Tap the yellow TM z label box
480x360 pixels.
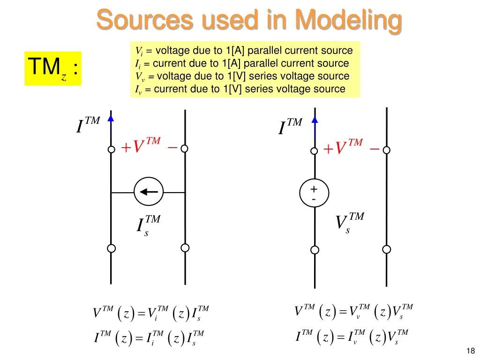(x=53, y=68)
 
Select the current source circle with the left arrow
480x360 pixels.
(x=149, y=192)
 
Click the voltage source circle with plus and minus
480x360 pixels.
(x=314, y=193)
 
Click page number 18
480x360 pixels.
(x=471, y=351)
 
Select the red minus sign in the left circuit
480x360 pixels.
(x=172, y=148)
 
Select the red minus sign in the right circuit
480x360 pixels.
(x=374, y=149)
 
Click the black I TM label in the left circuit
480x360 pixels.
(x=88, y=125)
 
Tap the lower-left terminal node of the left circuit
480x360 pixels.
(x=111, y=248)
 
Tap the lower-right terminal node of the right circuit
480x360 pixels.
(x=387, y=249)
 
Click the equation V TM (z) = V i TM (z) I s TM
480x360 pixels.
(x=151, y=313)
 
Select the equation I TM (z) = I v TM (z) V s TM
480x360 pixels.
(x=352, y=337)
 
